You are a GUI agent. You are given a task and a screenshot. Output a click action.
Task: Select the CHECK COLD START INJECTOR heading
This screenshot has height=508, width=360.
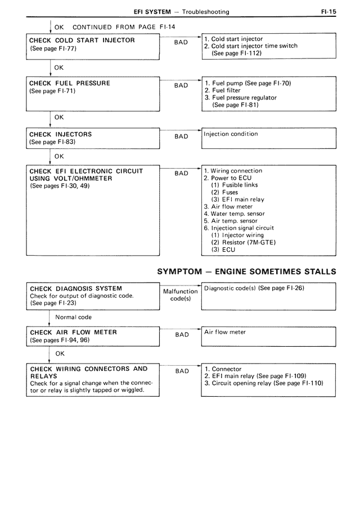pos(82,41)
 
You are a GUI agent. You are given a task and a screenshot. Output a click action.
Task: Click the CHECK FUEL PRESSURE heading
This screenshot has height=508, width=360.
pos(70,83)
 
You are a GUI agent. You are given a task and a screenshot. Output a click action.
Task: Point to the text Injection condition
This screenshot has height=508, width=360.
pos(231,134)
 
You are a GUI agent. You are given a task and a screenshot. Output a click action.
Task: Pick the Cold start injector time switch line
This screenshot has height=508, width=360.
pos(251,46)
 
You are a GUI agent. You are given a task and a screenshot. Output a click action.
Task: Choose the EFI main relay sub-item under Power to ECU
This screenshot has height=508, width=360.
pos(237,199)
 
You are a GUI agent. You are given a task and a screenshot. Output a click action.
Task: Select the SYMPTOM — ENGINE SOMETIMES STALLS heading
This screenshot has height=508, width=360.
pos(246,271)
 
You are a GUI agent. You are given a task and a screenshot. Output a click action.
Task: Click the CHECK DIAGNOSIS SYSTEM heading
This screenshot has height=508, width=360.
pos(76,289)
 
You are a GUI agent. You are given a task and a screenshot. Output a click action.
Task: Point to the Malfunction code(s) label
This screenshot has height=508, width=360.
pos(181,295)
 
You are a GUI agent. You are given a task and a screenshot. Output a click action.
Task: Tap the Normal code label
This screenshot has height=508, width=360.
pos(73,317)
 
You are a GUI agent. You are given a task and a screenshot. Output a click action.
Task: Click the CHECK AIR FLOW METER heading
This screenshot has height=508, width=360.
pos(73,332)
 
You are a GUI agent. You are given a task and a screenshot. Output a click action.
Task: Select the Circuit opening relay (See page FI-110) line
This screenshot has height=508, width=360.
pos(264,383)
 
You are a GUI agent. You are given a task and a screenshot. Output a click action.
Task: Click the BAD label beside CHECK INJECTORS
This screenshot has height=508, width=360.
pos(182,137)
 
